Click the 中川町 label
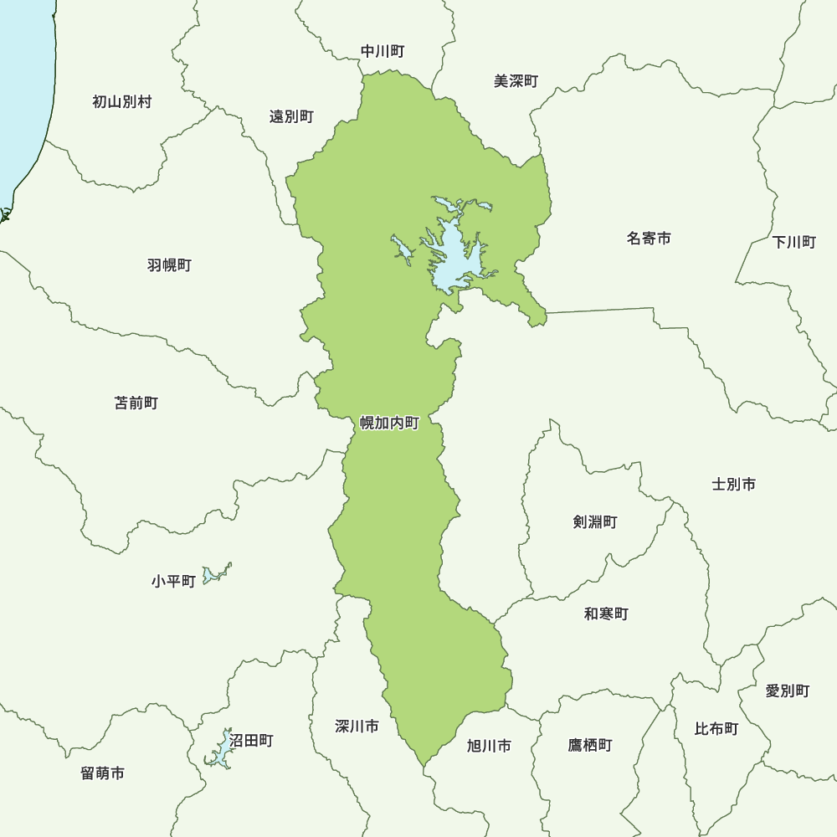click(x=383, y=52)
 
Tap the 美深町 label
click(x=516, y=81)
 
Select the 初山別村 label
click(x=122, y=102)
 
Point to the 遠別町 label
click(x=291, y=116)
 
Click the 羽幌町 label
click(x=169, y=265)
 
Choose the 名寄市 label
click(x=649, y=239)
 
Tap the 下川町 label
click(x=793, y=243)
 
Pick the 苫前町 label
click(x=136, y=403)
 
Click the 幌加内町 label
click(x=389, y=424)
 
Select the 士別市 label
click(x=734, y=484)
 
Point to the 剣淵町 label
click(x=595, y=522)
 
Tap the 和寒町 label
click(x=606, y=614)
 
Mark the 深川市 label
click(x=357, y=726)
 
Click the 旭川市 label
click(x=489, y=746)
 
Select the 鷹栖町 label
click(x=589, y=745)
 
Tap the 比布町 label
click(x=716, y=729)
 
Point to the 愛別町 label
click(x=788, y=691)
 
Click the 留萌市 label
click(x=103, y=773)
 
